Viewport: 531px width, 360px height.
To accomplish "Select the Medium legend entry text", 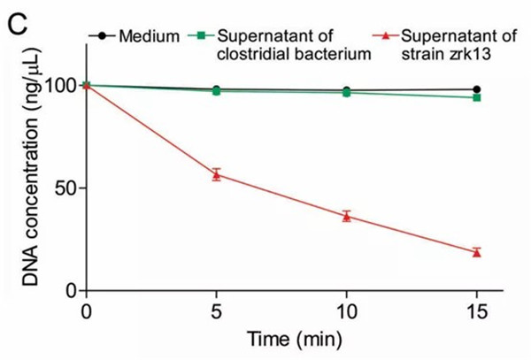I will (147, 36).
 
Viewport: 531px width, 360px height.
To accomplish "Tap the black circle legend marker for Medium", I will (103, 36).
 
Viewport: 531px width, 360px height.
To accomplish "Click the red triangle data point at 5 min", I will (216, 174).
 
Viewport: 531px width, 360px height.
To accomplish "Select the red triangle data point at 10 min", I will (346, 216).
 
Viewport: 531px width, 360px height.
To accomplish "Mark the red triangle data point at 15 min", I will (476, 252).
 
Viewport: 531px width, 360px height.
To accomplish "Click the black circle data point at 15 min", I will (476, 89).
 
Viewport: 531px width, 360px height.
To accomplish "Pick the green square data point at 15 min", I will (476, 97).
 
